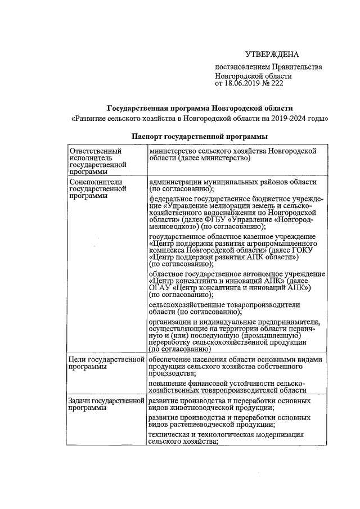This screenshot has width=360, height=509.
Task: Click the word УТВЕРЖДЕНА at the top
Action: pyautogui.click(x=272, y=55)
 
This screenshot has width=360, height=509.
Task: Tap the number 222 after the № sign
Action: pyautogui.click(x=277, y=83)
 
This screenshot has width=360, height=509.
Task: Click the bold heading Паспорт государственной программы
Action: pyautogui.click(x=199, y=136)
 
